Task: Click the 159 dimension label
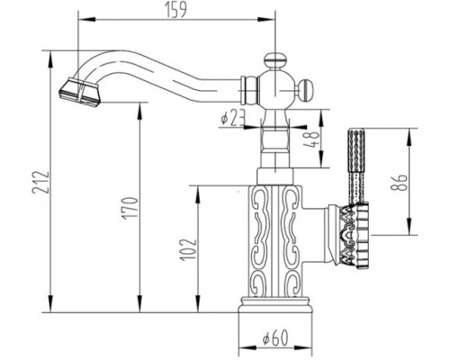pyautogui.click(x=176, y=10)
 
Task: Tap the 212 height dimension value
pyautogui.click(x=40, y=183)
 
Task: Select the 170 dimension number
pyautogui.click(x=130, y=207)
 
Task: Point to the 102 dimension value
pyautogui.click(x=188, y=250)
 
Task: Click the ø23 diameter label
pyautogui.click(x=233, y=117)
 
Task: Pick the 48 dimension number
pyautogui.click(x=311, y=139)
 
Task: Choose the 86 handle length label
pyautogui.click(x=400, y=183)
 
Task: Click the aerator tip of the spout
pyautogui.click(x=78, y=92)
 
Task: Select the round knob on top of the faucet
pyautogui.click(x=274, y=59)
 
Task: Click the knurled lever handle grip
pyautogui.click(x=355, y=166)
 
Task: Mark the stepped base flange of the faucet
pyautogui.click(x=275, y=304)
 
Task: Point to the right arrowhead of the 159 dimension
pyautogui.click(x=267, y=20)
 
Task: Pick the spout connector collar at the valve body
pyautogui.click(x=248, y=90)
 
